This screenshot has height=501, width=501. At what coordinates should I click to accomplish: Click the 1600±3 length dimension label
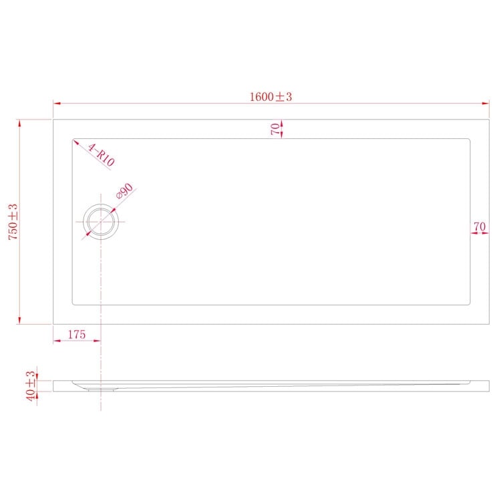pos(271,97)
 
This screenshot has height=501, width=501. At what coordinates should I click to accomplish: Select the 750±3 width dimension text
pos(12,221)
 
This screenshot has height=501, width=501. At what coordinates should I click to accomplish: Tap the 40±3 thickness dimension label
pos(30,385)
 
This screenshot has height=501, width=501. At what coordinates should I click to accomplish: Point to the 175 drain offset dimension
pos(76,335)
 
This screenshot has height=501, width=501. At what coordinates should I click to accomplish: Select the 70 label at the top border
pos(275,129)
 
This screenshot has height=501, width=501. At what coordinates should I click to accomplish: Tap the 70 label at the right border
pos(479,227)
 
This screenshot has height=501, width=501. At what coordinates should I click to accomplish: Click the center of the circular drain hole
pos(101,221)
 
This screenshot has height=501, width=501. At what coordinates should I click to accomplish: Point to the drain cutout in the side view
pos(101,386)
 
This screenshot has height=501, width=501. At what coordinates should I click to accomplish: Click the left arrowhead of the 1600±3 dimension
pos(57,104)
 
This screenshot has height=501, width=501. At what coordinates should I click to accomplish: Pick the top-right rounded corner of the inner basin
pos(469,141)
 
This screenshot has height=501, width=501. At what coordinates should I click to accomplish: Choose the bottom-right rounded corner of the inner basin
pos(469,303)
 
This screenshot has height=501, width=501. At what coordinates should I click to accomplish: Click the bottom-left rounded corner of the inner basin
pos(74,303)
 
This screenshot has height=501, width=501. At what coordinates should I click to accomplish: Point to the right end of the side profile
pos(488,385)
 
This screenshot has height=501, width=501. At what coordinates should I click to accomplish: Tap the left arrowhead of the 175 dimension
pos(57,341)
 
